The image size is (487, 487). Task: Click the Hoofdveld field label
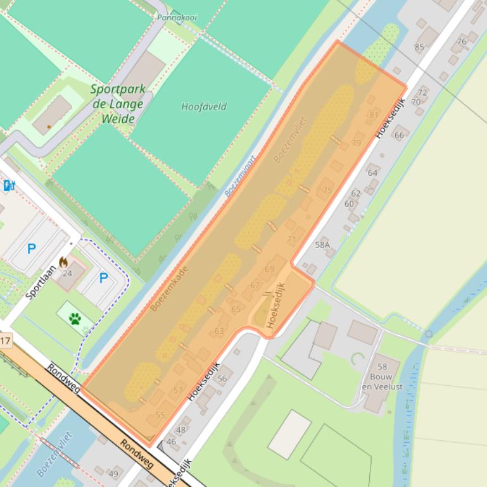click(x=203, y=106)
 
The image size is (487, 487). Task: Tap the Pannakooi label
click(x=177, y=18)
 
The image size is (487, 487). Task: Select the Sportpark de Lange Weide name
click(x=117, y=104)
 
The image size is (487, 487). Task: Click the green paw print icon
click(x=75, y=318)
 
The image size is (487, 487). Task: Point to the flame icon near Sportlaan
click(x=63, y=261)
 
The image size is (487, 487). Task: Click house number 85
click(x=419, y=47)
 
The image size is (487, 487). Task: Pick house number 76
click(x=461, y=42)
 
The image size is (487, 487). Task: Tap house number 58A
click(x=322, y=244)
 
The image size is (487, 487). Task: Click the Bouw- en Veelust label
click(x=383, y=377)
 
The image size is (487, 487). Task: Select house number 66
click(x=399, y=135)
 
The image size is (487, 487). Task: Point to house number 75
click(x=327, y=190)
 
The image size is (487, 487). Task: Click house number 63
click(x=219, y=331)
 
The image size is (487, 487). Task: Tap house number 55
click(x=160, y=415)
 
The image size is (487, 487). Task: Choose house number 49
click(x=113, y=474)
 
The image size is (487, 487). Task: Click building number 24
click(x=67, y=273)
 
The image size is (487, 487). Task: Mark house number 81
click(x=373, y=114)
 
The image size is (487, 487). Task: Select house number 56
click(x=222, y=378)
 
